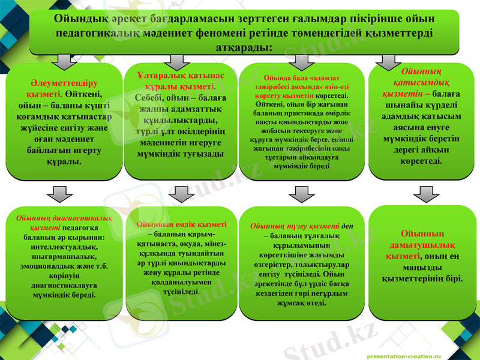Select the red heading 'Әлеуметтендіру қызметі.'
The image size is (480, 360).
[59, 88]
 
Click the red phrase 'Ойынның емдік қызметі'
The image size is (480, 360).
[181, 224]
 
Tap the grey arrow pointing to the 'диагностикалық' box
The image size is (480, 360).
[58, 194]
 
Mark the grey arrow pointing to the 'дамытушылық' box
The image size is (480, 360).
[422, 194]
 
